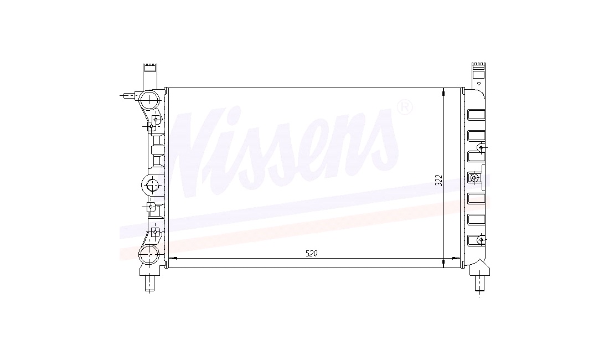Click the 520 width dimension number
coord(312,254)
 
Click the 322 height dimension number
coord(439,180)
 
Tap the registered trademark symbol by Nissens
coord(404,107)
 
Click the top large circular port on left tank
coord(149,101)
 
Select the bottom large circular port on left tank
coord(149,255)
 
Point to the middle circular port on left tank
coord(152,184)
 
